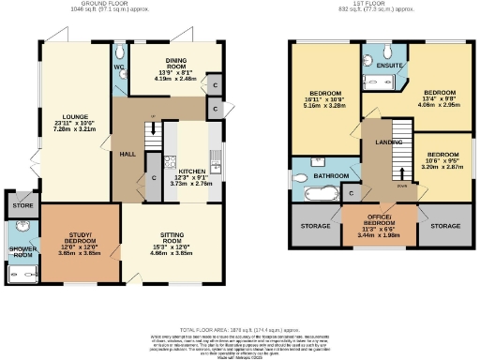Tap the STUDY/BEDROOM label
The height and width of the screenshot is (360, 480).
tap(80, 239)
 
